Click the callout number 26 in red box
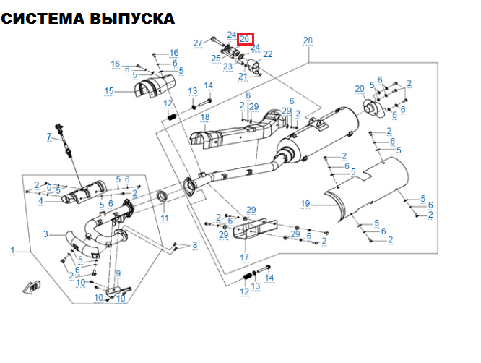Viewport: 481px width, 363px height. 244,38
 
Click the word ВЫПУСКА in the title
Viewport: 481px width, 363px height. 131,19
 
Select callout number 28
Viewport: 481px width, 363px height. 308,40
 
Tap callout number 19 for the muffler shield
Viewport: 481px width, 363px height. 305,204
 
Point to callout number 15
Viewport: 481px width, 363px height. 109,90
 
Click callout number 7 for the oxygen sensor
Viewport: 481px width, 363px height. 50,137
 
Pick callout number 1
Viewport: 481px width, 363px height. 12,249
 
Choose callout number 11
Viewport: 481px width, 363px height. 165,218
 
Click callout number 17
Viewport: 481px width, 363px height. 244,257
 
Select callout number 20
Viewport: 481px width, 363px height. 360,89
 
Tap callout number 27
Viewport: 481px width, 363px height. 198,43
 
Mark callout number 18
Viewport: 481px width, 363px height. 204,117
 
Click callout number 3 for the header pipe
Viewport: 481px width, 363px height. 45,234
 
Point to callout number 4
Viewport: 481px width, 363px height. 41,201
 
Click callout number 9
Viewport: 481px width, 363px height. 118,273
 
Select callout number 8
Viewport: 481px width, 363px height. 194,246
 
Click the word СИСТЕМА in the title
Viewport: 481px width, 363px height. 43,19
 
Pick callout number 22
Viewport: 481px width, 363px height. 268,54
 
